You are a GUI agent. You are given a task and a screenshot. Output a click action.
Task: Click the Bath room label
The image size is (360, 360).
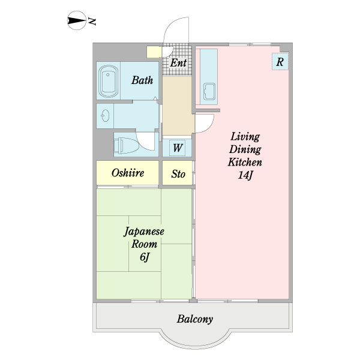(142, 80)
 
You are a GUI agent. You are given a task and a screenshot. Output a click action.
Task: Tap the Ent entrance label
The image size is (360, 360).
(178, 62)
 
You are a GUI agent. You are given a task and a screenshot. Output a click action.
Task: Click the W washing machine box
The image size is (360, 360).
(178, 148)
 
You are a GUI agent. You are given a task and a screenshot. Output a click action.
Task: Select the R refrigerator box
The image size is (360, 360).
(280, 61)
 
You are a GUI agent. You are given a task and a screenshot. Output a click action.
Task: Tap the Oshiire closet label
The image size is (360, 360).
(128, 173)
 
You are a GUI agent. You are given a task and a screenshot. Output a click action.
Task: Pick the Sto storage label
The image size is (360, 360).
(178, 175)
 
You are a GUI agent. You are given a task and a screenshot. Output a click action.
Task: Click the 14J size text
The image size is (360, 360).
(244, 176)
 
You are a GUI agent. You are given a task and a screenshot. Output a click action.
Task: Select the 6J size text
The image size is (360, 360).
(144, 258)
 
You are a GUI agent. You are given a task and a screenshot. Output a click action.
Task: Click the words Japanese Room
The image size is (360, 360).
(144, 238)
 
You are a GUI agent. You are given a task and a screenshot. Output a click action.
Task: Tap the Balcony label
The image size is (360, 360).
(194, 319)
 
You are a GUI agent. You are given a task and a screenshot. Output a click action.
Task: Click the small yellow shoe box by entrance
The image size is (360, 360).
(154, 52)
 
